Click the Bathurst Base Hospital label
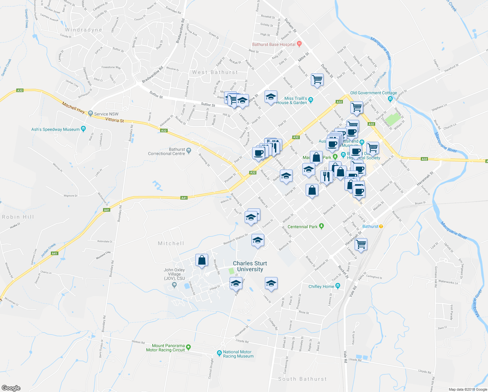[x=274, y=44]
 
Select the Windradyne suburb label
[x=84, y=30]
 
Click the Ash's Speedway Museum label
[x=55, y=129]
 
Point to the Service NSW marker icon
[x=91, y=114]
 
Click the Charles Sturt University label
[x=250, y=266]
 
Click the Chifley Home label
[x=321, y=286]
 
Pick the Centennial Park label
[x=302, y=226]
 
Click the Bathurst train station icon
[x=381, y=226]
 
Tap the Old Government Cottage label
[x=374, y=93]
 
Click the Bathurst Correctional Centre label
[x=166, y=151]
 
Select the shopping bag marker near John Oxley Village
[x=202, y=260]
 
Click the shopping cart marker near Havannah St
[x=361, y=244]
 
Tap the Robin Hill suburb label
[x=18, y=217]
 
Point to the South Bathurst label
[x=302, y=379]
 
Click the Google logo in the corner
[x=11, y=388]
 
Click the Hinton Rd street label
[x=138, y=342]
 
